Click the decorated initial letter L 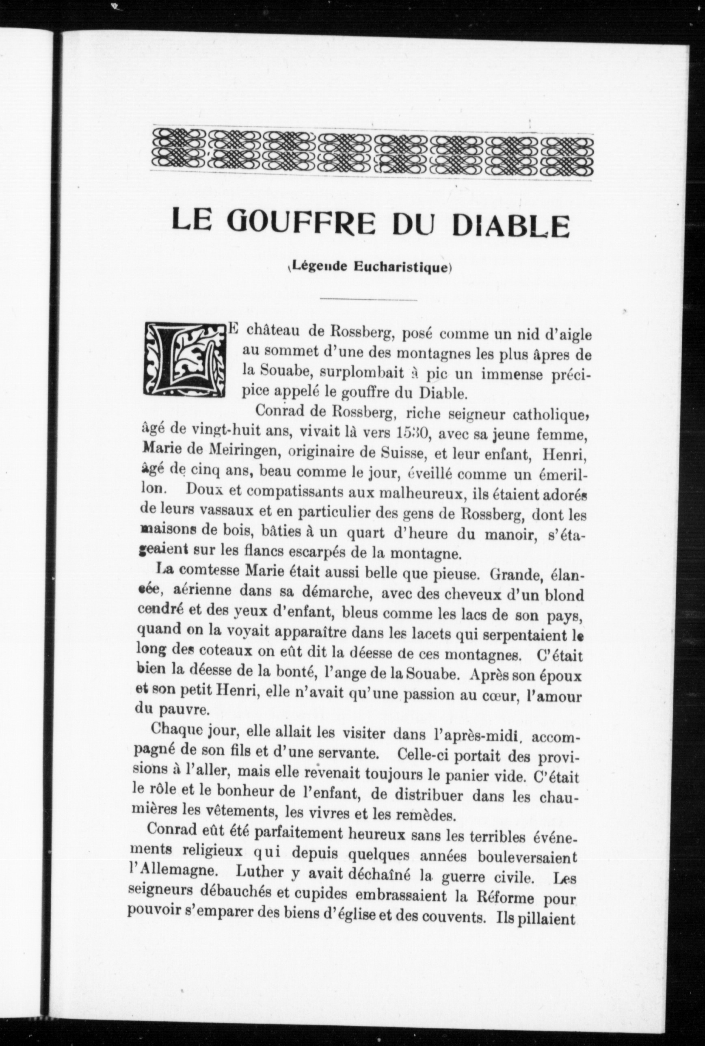pos(184,361)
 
